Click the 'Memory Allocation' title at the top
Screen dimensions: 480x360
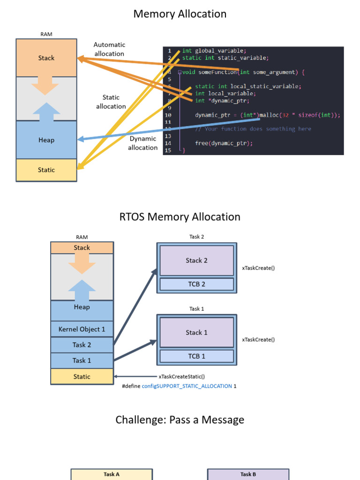[180, 14]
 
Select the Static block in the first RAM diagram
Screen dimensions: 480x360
[46, 170]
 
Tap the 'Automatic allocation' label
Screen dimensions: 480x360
[109, 49]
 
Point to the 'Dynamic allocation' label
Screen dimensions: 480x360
[142, 143]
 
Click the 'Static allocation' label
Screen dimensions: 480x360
[111, 102]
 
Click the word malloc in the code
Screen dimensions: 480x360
[269, 115]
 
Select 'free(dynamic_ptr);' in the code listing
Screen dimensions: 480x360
[224, 143]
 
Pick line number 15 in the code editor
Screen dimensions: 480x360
[167, 150]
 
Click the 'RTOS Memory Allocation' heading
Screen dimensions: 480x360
[180, 217]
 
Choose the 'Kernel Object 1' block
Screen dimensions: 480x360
[82, 330]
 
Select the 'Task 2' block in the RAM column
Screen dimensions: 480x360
[82, 345]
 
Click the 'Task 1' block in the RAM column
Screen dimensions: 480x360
[82, 360]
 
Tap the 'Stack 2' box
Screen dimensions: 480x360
[196, 261]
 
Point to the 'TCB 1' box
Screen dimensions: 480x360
[196, 356]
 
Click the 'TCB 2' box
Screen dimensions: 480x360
[196, 284]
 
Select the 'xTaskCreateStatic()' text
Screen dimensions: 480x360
[182, 376]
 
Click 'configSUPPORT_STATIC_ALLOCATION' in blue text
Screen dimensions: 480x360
[187, 386]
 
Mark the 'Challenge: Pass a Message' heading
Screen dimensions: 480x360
[180, 420]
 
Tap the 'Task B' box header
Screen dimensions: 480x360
[248, 474]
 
